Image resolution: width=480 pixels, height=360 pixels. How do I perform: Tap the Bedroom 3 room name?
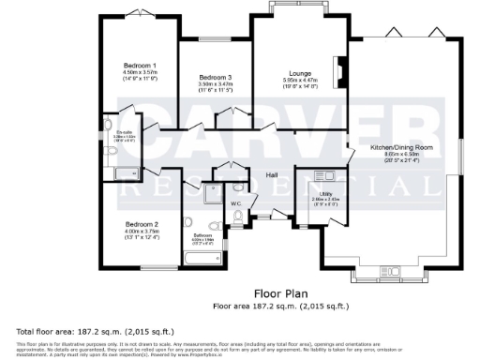216,77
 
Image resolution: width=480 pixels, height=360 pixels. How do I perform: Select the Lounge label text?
299,73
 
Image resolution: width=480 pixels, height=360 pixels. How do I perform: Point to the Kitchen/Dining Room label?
401,148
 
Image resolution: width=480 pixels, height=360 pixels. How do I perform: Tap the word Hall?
271,175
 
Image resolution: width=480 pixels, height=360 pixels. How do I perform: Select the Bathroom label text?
202,235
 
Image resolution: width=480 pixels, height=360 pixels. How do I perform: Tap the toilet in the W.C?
239,217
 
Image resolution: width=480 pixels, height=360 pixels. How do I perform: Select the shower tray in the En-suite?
124,173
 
